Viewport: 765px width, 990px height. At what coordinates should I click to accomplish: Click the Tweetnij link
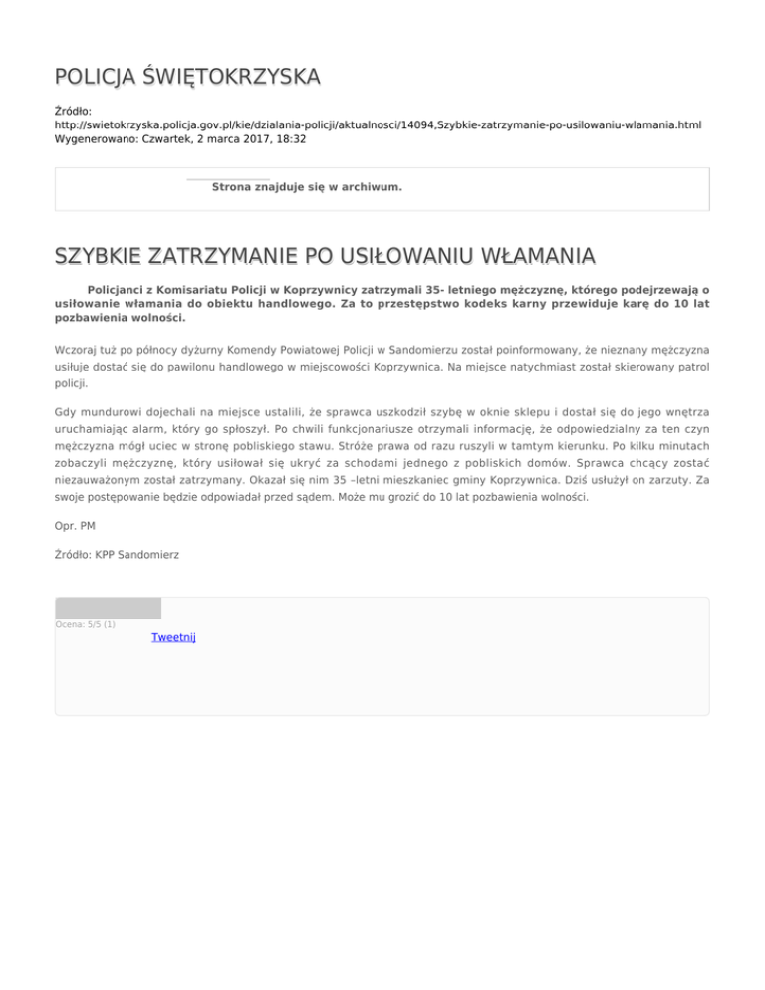pyautogui.click(x=173, y=637)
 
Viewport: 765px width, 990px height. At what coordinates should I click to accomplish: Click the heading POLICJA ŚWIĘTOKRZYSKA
pyautogui.click(x=187, y=77)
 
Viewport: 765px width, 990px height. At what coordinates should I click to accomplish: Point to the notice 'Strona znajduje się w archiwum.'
pyautogui.click(x=307, y=186)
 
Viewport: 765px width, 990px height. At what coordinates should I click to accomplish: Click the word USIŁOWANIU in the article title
pyautogui.click(x=408, y=259)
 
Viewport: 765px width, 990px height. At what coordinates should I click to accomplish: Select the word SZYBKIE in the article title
pyautogui.click(x=99, y=259)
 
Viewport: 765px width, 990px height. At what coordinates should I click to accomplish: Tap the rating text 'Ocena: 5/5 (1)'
pyautogui.click(x=86, y=624)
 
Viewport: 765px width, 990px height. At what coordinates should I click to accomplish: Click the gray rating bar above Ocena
pyautogui.click(x=108, y=608)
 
